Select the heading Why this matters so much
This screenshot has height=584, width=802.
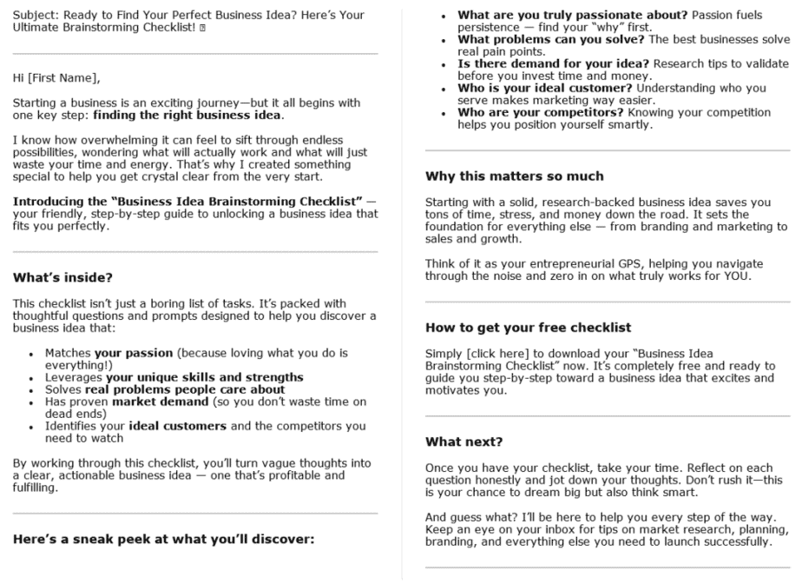point(515,176)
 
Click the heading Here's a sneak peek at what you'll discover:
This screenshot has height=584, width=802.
point(163,538)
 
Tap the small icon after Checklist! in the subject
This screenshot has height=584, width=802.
point(202,29)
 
